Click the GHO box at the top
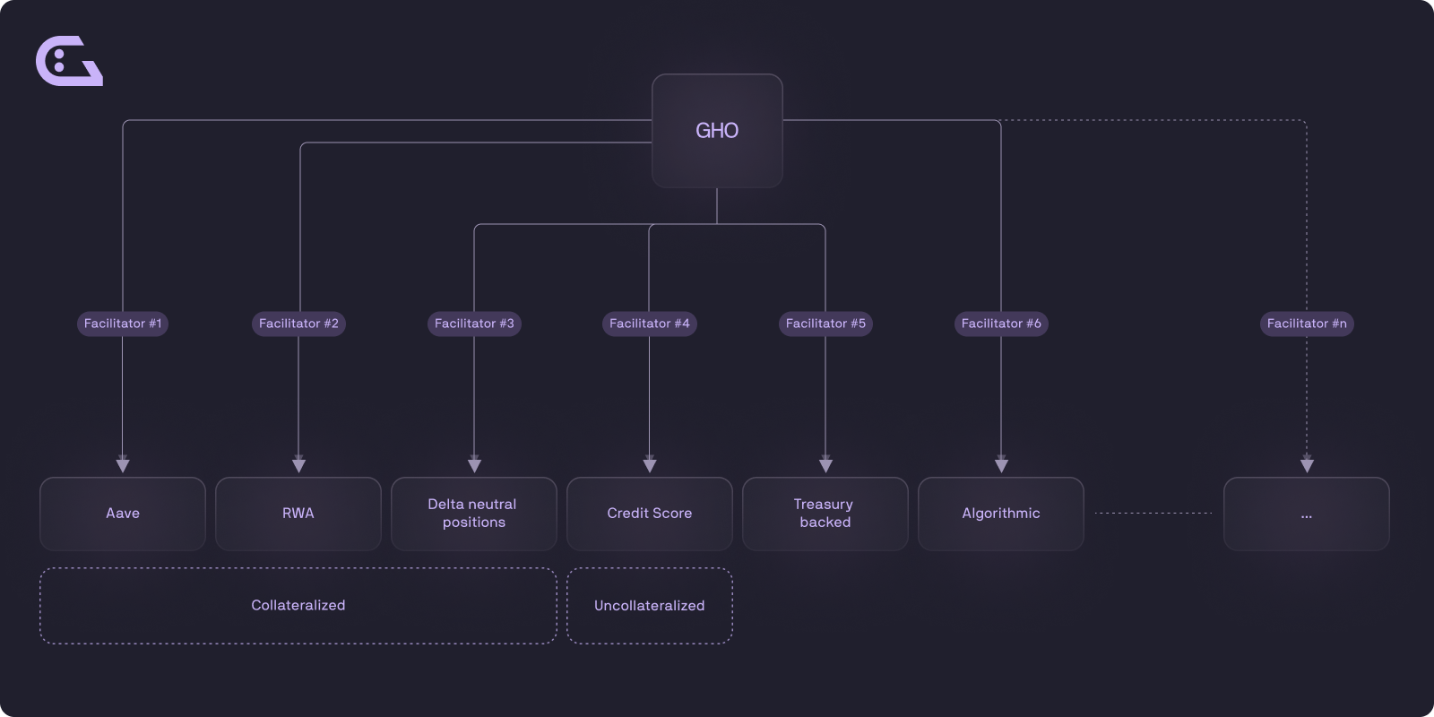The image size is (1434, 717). click(x=717, y=131)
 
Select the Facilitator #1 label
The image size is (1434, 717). click(x=123, y=324)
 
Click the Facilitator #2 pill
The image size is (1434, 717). click(x=298, y=324)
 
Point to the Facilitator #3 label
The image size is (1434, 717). click(x=474, y=324)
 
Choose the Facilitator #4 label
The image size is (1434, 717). click(x=650, y=324)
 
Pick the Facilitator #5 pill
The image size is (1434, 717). click(x=825, y=324)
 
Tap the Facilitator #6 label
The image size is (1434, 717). click(x=1001, y=324)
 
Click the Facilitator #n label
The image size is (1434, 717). click(x=1307, y=324)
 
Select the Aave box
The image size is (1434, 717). click(x=123, y=514)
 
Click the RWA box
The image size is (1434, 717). click(x=298, y=514)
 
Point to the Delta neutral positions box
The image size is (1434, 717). click(x=474, y=514)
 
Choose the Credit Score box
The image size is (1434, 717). click(x=650, y=514)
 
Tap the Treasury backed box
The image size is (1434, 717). click(x=825, y=514)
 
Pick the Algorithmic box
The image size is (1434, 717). click(x=1001, y=514)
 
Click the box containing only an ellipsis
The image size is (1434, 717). click(x=1307, y=514)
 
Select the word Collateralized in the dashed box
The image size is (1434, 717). click(x=298, y=605)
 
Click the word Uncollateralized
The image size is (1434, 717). click(x=650, y=605)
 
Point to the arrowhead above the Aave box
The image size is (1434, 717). click(x=123, y=465)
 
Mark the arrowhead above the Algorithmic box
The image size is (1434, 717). click(x=1001, y=465)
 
